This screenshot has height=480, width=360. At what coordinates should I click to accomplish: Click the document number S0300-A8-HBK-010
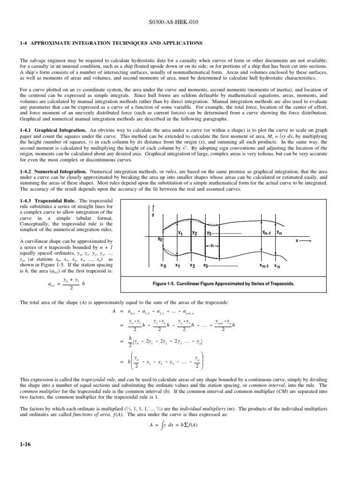pos(180,22)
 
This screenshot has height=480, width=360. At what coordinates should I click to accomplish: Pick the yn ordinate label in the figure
pos(279,232)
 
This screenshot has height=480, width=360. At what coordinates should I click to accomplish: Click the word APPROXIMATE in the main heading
pos(53,43)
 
